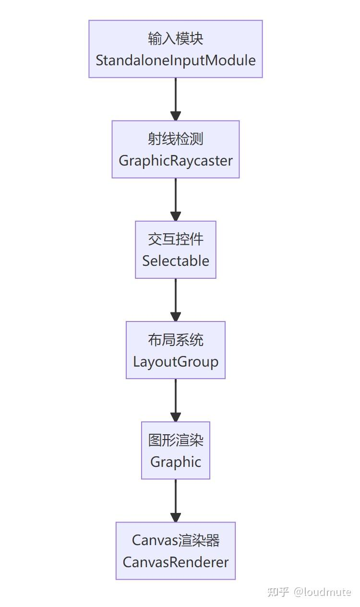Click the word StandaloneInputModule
pyautogui.click(x=176, y=60)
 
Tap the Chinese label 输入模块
pyautogui.click(x=176, y=39)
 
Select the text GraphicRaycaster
pyautogui.click(x=176, y=161)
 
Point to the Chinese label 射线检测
pyautogui.click(x=176, y=139)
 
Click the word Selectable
pyautogui.click(x=176, y=261)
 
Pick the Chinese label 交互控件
pyautogui.click(x=176, y=239)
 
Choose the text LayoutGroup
pyautogui.click(x=176, y=361)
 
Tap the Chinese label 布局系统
pyautogui.click(x=176, y=340)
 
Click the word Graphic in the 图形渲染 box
pyautogui.click(x=176, y=462)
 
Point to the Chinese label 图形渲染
pyautogui.click(x=176, y=440)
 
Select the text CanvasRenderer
pyautogui.click(x=176, y=562)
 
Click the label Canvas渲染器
pyautogui.click(x=176, y=540)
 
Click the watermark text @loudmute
pyautogui.click(x=323, y=592)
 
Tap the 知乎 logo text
pyautogui.click(x=278, y=592)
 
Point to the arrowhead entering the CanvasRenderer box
pyautogui.click(x=176, y=517)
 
